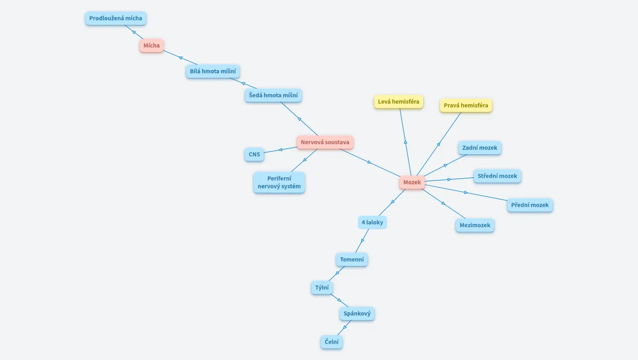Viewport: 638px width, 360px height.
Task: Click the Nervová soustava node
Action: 325,142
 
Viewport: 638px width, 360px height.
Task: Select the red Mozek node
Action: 412,182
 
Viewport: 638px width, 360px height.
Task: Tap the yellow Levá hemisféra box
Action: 398,102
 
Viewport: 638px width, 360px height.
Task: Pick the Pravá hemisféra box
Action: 466,105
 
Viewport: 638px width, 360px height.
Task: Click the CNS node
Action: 254,154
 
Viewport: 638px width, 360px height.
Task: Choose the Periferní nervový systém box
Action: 279,182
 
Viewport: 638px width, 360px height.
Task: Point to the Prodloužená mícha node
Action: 115,18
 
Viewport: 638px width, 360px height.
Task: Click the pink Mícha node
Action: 152,45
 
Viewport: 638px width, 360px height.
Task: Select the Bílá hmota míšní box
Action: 213,72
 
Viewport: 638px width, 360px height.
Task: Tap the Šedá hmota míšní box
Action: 273,96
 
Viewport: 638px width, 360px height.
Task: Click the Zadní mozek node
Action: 479,148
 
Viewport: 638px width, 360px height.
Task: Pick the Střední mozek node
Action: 497,176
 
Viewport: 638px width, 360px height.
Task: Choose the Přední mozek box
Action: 530,205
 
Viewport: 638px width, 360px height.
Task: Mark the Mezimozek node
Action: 475,225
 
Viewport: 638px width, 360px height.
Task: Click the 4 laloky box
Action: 372,222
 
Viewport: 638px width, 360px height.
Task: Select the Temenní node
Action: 352,259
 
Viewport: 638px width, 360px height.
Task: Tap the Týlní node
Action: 322,288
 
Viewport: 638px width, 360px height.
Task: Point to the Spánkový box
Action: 357,314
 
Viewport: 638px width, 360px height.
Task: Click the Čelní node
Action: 332,342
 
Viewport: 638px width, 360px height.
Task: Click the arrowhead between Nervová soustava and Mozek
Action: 369,162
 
